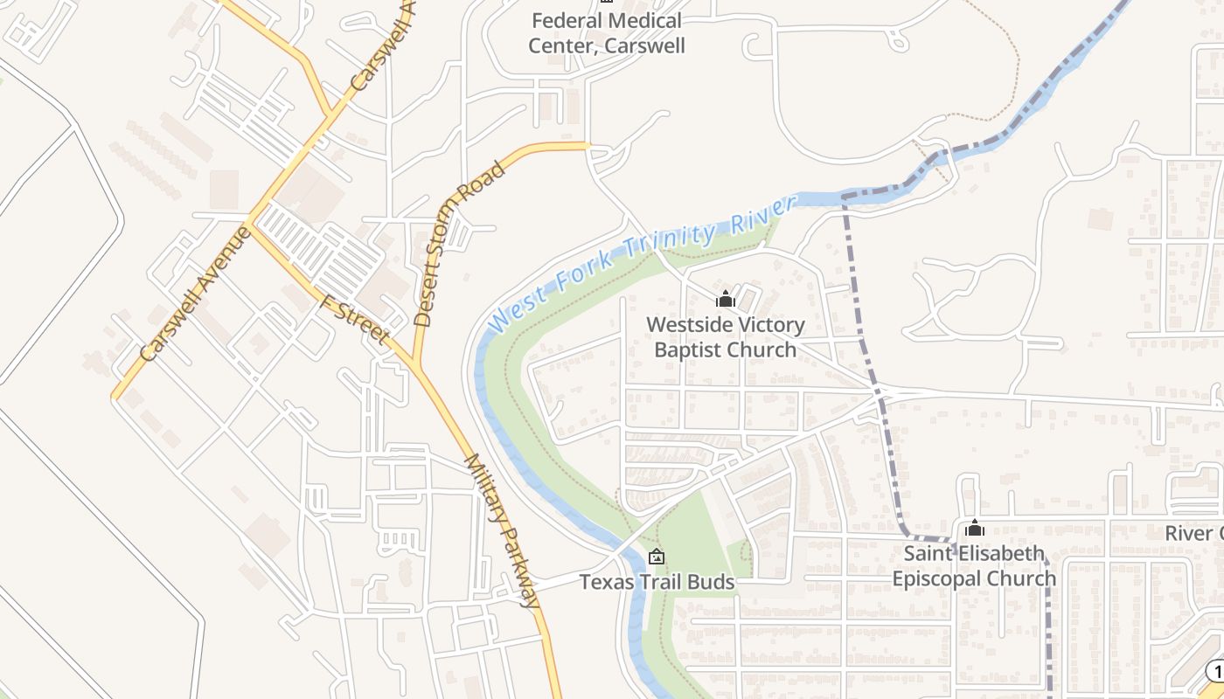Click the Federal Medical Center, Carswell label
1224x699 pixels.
tap(607, 33)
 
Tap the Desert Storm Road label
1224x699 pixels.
tap(460, 244)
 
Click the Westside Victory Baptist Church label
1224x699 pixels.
tap(726, 337)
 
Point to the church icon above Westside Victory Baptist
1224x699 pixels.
tap(726, 300)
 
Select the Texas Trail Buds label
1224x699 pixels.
tap(657, 582)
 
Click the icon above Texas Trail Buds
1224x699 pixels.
tap(657, 557)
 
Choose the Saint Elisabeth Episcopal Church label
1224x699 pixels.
tap(974, 566)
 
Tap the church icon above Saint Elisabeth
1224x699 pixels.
tap(975, 528)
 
